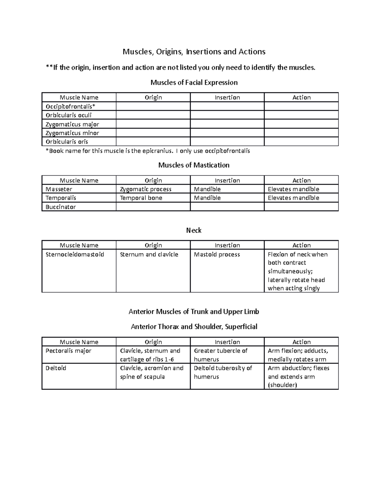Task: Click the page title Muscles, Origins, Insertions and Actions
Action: coord(194,52)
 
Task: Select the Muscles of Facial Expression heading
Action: coord(194,82)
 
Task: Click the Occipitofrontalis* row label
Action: coord(70,106)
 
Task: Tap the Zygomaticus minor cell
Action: coord(72,133)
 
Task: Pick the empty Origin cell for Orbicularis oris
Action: coord(153,142)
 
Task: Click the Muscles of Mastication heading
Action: coord(194,165)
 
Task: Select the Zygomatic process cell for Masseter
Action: coord(145,189)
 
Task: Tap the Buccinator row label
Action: coord(60,207)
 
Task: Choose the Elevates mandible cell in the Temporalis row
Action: coord(293,198)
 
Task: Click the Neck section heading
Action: coord(194,230)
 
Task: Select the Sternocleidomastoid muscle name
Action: coord(75,254)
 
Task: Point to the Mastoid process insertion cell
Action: coord(217,254)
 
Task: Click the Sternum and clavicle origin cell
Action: coord(149,254)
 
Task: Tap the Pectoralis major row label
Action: coord(68,351)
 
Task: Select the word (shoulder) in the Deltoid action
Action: coord(282,385)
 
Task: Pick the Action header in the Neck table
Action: coord(301,245)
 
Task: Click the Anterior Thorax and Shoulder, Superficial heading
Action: coord(194,327)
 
